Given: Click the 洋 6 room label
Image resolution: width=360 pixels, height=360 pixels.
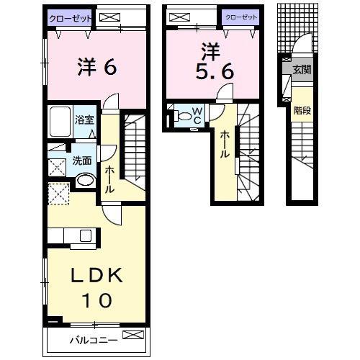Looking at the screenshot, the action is (97, 67).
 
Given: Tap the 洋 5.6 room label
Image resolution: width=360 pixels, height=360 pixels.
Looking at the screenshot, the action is (215, 61).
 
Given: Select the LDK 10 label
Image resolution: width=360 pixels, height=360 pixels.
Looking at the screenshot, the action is (96, 287).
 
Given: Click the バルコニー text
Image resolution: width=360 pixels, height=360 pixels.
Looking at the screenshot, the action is (94, 340).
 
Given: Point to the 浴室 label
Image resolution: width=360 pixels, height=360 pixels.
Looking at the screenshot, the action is (84, 120).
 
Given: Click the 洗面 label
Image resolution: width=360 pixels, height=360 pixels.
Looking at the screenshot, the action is (82, 161).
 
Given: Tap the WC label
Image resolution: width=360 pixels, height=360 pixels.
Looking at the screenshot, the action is (197, 115).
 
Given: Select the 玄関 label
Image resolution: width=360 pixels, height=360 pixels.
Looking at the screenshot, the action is (302, 70).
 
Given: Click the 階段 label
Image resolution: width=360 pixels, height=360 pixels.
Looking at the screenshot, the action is (302, 111).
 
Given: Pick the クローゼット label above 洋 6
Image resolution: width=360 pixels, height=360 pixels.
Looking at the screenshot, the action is (71, 19).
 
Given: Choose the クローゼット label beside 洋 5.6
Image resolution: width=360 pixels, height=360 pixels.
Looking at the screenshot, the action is (241, 17).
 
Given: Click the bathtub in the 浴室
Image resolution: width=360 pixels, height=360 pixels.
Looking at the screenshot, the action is (60, 121).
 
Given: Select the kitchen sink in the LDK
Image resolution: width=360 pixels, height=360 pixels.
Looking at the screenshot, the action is (86, 235).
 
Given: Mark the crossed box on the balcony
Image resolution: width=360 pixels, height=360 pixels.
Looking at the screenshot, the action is (133, 335).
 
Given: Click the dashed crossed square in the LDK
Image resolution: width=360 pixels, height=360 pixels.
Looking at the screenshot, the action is (59, 194).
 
